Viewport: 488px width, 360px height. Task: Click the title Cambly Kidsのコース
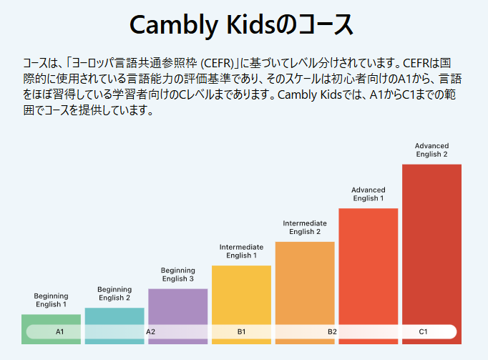242,25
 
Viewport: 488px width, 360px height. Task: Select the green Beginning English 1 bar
51,320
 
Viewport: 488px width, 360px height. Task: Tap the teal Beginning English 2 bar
114,317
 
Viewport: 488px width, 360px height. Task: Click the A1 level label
59,332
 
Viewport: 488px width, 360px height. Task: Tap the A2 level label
150,332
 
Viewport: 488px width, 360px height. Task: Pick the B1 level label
241,332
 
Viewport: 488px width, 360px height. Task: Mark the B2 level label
332,332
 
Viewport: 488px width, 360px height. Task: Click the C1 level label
423,332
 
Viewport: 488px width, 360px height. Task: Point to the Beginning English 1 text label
51,300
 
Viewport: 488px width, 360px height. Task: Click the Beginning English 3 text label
177,274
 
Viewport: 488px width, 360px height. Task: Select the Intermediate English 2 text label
305,228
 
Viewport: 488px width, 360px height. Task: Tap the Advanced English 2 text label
431,150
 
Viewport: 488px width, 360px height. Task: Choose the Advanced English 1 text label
368,194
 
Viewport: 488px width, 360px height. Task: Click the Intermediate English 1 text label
241,251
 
